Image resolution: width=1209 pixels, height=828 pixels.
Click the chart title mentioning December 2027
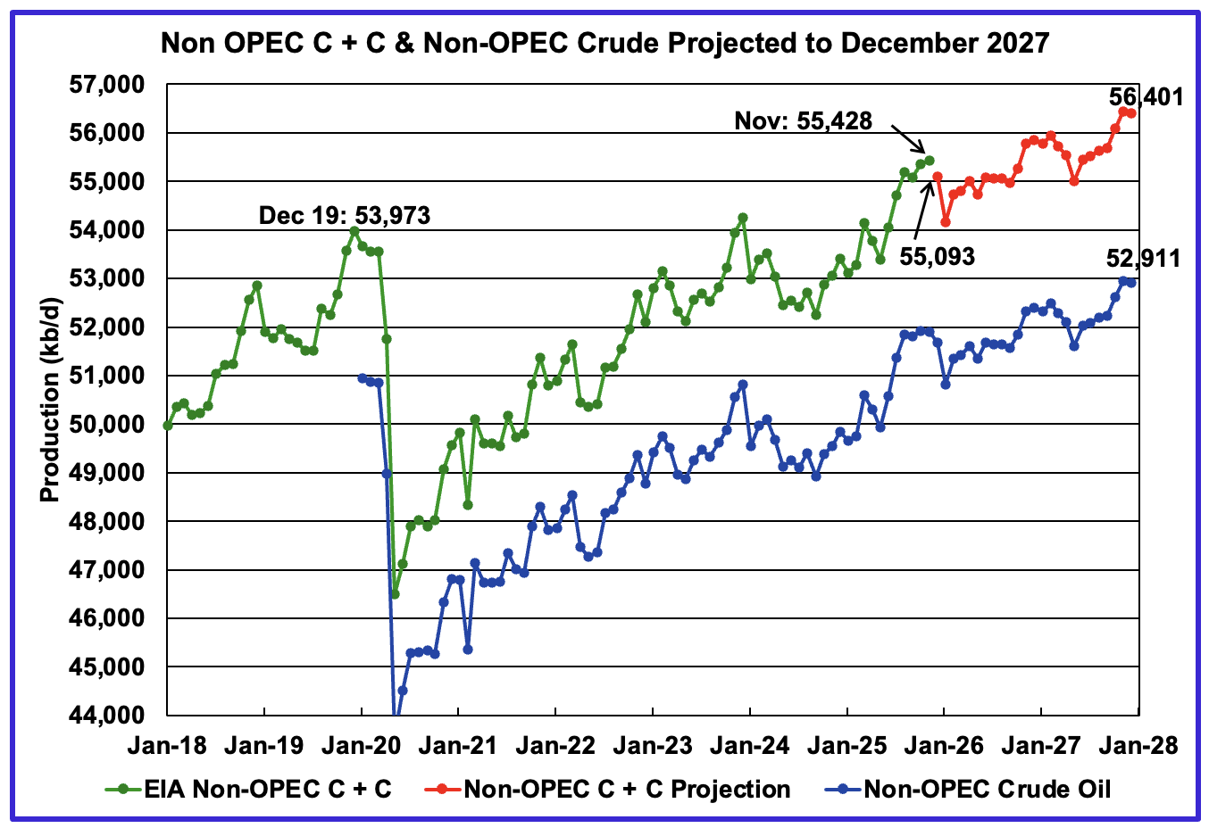pyautogui.click(x=604, y=42)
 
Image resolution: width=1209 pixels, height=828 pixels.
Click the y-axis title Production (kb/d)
pyautogui.click(x=50, y=399)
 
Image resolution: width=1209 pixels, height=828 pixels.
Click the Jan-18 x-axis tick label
pyautogui.click(x=167, y=745)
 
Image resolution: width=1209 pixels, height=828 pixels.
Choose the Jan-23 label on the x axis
pyautogui.click(x=653, y=745)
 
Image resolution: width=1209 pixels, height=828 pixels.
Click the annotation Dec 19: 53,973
pyautogui.click(x=344, y=215)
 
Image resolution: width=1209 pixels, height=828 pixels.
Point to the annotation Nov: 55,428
pyautogui.click(x=803, y=120)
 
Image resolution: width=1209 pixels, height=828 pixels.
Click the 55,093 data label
pyautogui.click(x=936, y=257)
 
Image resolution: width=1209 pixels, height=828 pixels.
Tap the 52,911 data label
pyautogui.click(x=1143, y=259)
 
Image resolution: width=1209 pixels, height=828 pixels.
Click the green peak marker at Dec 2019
pyautogui.click(x=354, y=231)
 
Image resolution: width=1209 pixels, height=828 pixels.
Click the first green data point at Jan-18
pyautogui.click(x=168, y=426)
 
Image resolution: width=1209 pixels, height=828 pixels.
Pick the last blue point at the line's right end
pyautogui.click(x=1131, y=283)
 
